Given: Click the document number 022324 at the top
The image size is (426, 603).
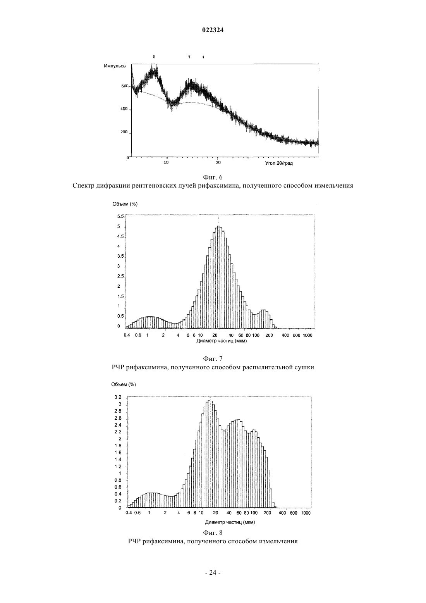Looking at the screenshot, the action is pos(213,30).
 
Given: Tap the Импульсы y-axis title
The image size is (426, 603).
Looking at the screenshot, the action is pos(115,66).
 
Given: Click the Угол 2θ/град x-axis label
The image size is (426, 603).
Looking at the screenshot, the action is pos(279,164).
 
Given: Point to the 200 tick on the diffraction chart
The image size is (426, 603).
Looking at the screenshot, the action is pos(124,132).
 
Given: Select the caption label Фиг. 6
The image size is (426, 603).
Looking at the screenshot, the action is pos(213,177).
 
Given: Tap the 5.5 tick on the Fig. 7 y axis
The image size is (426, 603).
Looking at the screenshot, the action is pos(120,216).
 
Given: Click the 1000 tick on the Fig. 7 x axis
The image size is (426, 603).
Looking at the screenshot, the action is pos(307,336).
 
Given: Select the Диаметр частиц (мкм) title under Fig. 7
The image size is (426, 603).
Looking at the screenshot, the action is pos(222,341).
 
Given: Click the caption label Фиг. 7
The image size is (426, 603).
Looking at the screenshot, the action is pos(213,358).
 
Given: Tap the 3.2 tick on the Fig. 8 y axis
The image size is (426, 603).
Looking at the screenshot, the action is pos(118,397).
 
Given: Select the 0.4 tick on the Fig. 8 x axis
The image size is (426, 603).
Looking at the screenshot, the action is pos(129,513).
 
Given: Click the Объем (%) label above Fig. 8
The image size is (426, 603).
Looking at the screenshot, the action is pos(124,384).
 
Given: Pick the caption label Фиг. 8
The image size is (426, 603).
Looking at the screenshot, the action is pos(213,532).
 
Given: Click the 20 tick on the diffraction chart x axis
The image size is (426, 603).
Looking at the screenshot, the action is pos(218,162).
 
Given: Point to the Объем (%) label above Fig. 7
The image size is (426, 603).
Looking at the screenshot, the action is pos(125,204).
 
